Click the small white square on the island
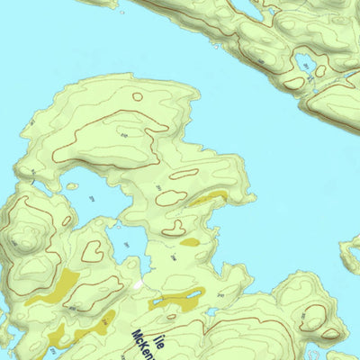[138, 284]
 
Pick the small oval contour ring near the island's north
[138, 96]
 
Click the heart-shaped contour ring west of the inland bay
[92, 251]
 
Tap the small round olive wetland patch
[189, 241]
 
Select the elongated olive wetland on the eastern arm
[207, 198]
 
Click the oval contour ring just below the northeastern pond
[293, 83]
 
